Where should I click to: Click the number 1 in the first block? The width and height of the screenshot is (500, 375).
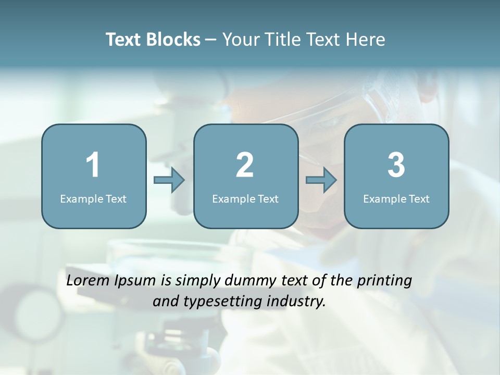tap(93, 165)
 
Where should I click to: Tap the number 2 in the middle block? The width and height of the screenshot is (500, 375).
tap(245, 165)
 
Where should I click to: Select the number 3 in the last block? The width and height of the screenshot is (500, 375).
tap(396, 165)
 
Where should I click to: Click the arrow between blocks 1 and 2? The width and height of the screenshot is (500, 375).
tap(169, 180)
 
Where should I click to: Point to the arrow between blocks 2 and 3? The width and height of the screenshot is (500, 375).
tap(321, 180)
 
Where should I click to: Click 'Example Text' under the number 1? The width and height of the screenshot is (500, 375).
tap(93, 198)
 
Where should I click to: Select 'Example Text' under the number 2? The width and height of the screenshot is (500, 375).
tap(245, 198)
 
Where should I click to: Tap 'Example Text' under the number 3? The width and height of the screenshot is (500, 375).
tap(396, 198)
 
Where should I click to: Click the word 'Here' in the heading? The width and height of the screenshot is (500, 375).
tap(367, 40)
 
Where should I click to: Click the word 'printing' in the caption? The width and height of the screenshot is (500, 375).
tap(385, 281)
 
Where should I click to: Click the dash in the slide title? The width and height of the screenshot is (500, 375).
tap(211, 40)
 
